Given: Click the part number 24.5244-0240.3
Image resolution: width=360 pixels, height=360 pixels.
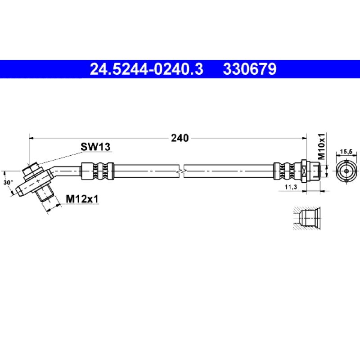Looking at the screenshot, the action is click(147, 69).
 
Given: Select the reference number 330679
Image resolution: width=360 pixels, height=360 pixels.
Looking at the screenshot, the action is click(250, 69).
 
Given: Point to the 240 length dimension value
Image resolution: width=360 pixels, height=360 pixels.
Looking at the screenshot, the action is click(180, 138).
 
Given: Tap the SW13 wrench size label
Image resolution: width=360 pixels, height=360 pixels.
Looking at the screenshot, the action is click(95, 147).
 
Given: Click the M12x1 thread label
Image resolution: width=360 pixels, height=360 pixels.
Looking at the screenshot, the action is click(82, 199).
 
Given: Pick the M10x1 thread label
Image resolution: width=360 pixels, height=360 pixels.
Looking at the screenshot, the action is click(321, 146).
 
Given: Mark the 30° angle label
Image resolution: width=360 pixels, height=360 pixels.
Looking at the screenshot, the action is click(8, 183).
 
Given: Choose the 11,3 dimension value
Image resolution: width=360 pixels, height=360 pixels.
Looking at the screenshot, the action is click(291, 187).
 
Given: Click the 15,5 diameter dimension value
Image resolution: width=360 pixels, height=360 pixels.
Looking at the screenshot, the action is click(346, 152).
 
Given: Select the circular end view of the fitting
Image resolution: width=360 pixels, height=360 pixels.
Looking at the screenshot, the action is click(346, 171).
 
